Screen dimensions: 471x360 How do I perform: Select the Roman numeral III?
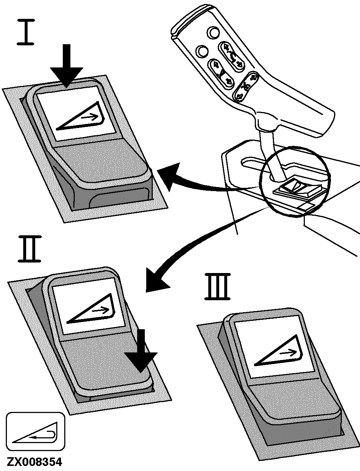[218, 287]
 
